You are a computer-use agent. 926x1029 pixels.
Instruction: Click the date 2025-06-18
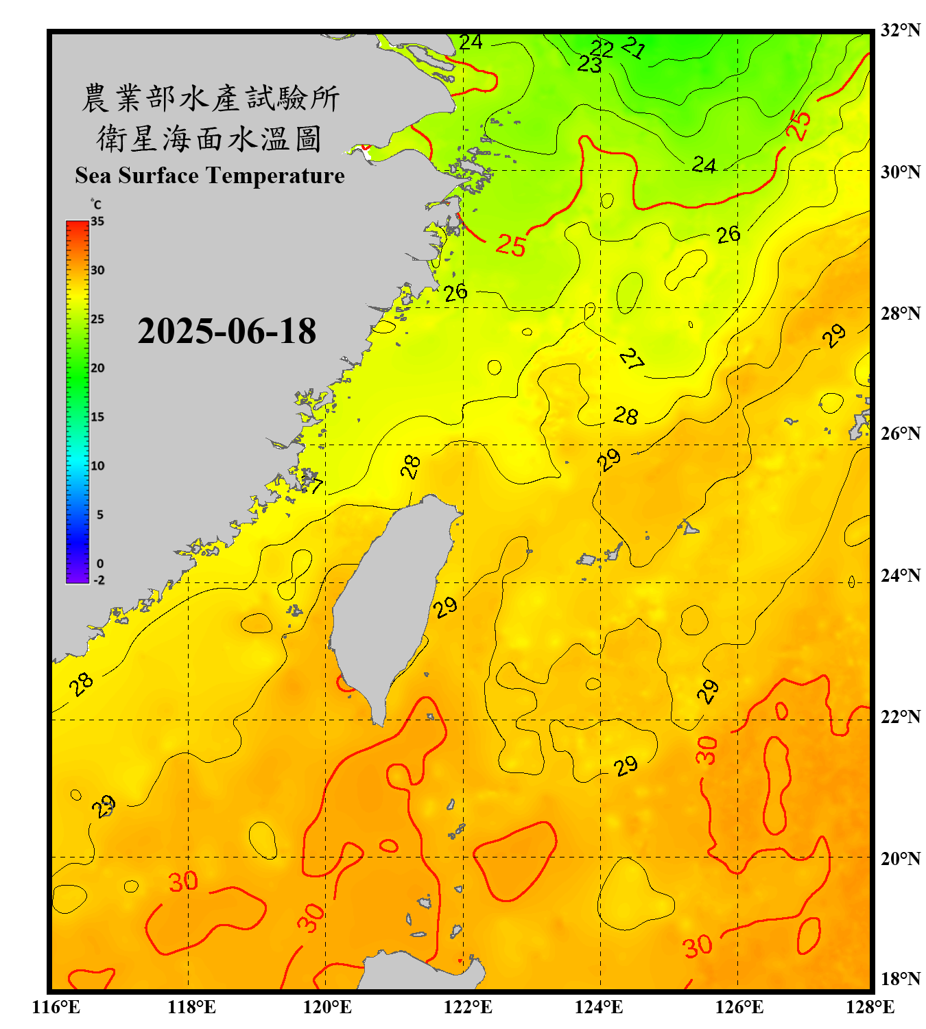click(x=227, y=331)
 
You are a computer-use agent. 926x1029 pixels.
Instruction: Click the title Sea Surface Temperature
click(x=210, y=176)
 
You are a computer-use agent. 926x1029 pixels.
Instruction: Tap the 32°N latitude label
click(x=900, y=30)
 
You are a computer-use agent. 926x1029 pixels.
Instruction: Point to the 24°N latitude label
click(x=900, y=575)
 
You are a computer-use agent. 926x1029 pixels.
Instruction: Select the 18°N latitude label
click(x=900, y=978)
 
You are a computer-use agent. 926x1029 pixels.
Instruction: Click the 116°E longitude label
click(x=56, y=1007)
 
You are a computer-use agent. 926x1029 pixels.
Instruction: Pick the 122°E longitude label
click(x=468, y=1007)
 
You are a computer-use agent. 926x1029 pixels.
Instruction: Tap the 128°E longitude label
click(x=870, y=1007)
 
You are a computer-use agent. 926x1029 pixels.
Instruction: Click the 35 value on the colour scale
click(x=97, y=222)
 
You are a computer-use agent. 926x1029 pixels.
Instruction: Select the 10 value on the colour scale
click(x=97, y=466)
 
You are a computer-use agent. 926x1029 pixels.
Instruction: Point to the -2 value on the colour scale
click(x=99, y=580)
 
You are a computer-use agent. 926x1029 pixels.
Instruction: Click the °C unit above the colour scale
click(x=96, y=204)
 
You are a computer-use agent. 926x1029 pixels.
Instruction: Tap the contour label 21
click(x=633, y=47)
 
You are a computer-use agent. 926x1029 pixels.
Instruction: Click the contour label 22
click(x=602, y=48)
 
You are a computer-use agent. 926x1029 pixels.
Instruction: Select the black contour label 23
click(x=589, y=64)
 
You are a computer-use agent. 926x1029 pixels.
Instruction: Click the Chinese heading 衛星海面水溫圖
click(x=209, y=139)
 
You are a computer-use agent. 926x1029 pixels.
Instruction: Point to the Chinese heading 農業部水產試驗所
click(x=211, y=98)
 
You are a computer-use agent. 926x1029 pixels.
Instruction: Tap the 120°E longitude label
click(x=327, y=1007)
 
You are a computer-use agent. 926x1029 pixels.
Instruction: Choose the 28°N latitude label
click(x=900, y=314)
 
